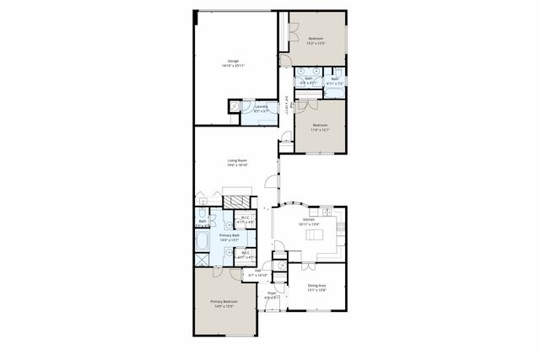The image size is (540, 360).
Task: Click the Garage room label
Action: pyautogui.click(x=232, y=61)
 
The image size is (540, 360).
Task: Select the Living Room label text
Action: pyautogui.click(x=236, y=160)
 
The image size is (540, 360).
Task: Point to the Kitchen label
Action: pyautogui.click(x=309, y=218)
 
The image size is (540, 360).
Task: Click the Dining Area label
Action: pyautogui.click(x=317, y=285)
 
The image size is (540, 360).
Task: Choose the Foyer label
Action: pyautogui.click(x=272, y=293)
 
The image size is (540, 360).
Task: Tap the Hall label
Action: pyautogui.click(x=258, y=271)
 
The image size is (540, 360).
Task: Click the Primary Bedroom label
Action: pyautogui.click(x=224, y=301)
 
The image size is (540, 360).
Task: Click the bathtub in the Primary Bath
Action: pyautogui.click(x=203, y=242)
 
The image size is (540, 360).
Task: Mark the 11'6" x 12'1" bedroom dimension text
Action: pyautogui.click(x=320, y=129)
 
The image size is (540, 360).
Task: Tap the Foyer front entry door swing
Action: pyautogui.click(x=271, y=306)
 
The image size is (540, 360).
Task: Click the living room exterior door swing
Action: pyautogui.click(x=271, y=180)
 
